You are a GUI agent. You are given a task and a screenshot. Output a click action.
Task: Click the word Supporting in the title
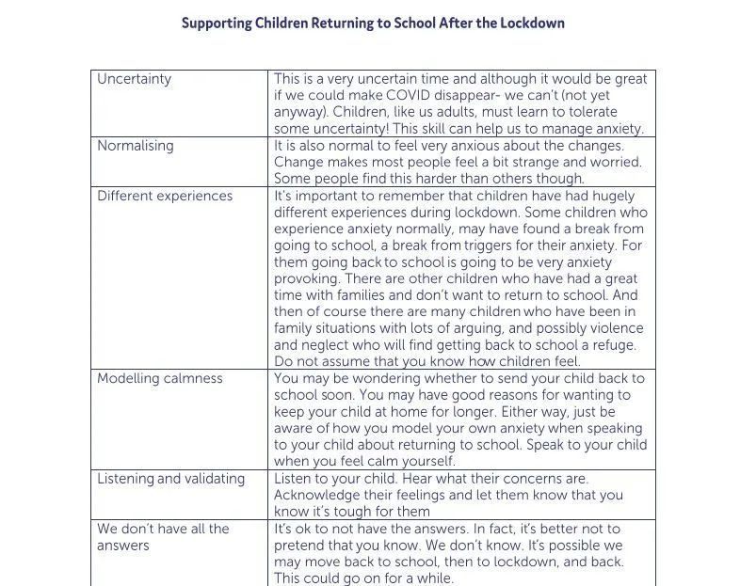click(216, 23)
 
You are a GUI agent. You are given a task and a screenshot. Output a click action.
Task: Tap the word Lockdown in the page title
click(530, 23)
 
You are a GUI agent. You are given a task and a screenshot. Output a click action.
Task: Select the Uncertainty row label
click(134, 79)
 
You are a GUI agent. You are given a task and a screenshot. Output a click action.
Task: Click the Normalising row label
click(136, 146)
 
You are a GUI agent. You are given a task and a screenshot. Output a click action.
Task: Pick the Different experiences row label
click(165, 196)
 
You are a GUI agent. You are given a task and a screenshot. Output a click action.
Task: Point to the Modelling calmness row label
click(160, 378)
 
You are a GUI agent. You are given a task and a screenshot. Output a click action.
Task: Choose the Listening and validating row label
click(170, 478)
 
